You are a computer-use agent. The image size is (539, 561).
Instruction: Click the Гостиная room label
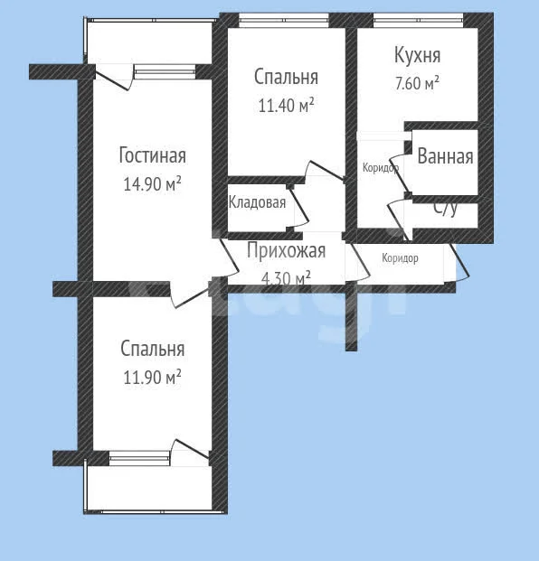(153, 155)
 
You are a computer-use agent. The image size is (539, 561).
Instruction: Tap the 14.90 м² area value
(152, 183)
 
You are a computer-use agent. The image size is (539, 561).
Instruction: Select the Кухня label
(417, 55)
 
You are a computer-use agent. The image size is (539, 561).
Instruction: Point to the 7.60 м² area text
(417, 83)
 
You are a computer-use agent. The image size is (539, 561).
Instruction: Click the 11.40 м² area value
(286, 105)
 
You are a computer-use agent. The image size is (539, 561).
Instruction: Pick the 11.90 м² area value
(152, 377)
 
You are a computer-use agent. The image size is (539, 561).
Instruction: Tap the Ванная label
(445, 156)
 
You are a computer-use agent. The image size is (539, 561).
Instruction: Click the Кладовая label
(257, 202)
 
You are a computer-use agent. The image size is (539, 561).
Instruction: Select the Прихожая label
(286, 250)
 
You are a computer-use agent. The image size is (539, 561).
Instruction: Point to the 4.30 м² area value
(286, 277)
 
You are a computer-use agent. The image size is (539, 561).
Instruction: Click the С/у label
(446, 209)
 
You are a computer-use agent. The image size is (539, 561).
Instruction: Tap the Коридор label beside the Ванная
(381, 167)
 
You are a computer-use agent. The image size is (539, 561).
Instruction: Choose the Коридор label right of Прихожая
(400, 258)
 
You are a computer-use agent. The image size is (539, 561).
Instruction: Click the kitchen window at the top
(419, 21)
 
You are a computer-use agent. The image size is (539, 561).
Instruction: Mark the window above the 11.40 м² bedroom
(284, 21)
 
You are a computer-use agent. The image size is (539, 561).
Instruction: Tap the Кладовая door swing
(298, 207)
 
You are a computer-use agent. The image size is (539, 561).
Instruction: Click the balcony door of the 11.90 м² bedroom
(189, 452)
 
